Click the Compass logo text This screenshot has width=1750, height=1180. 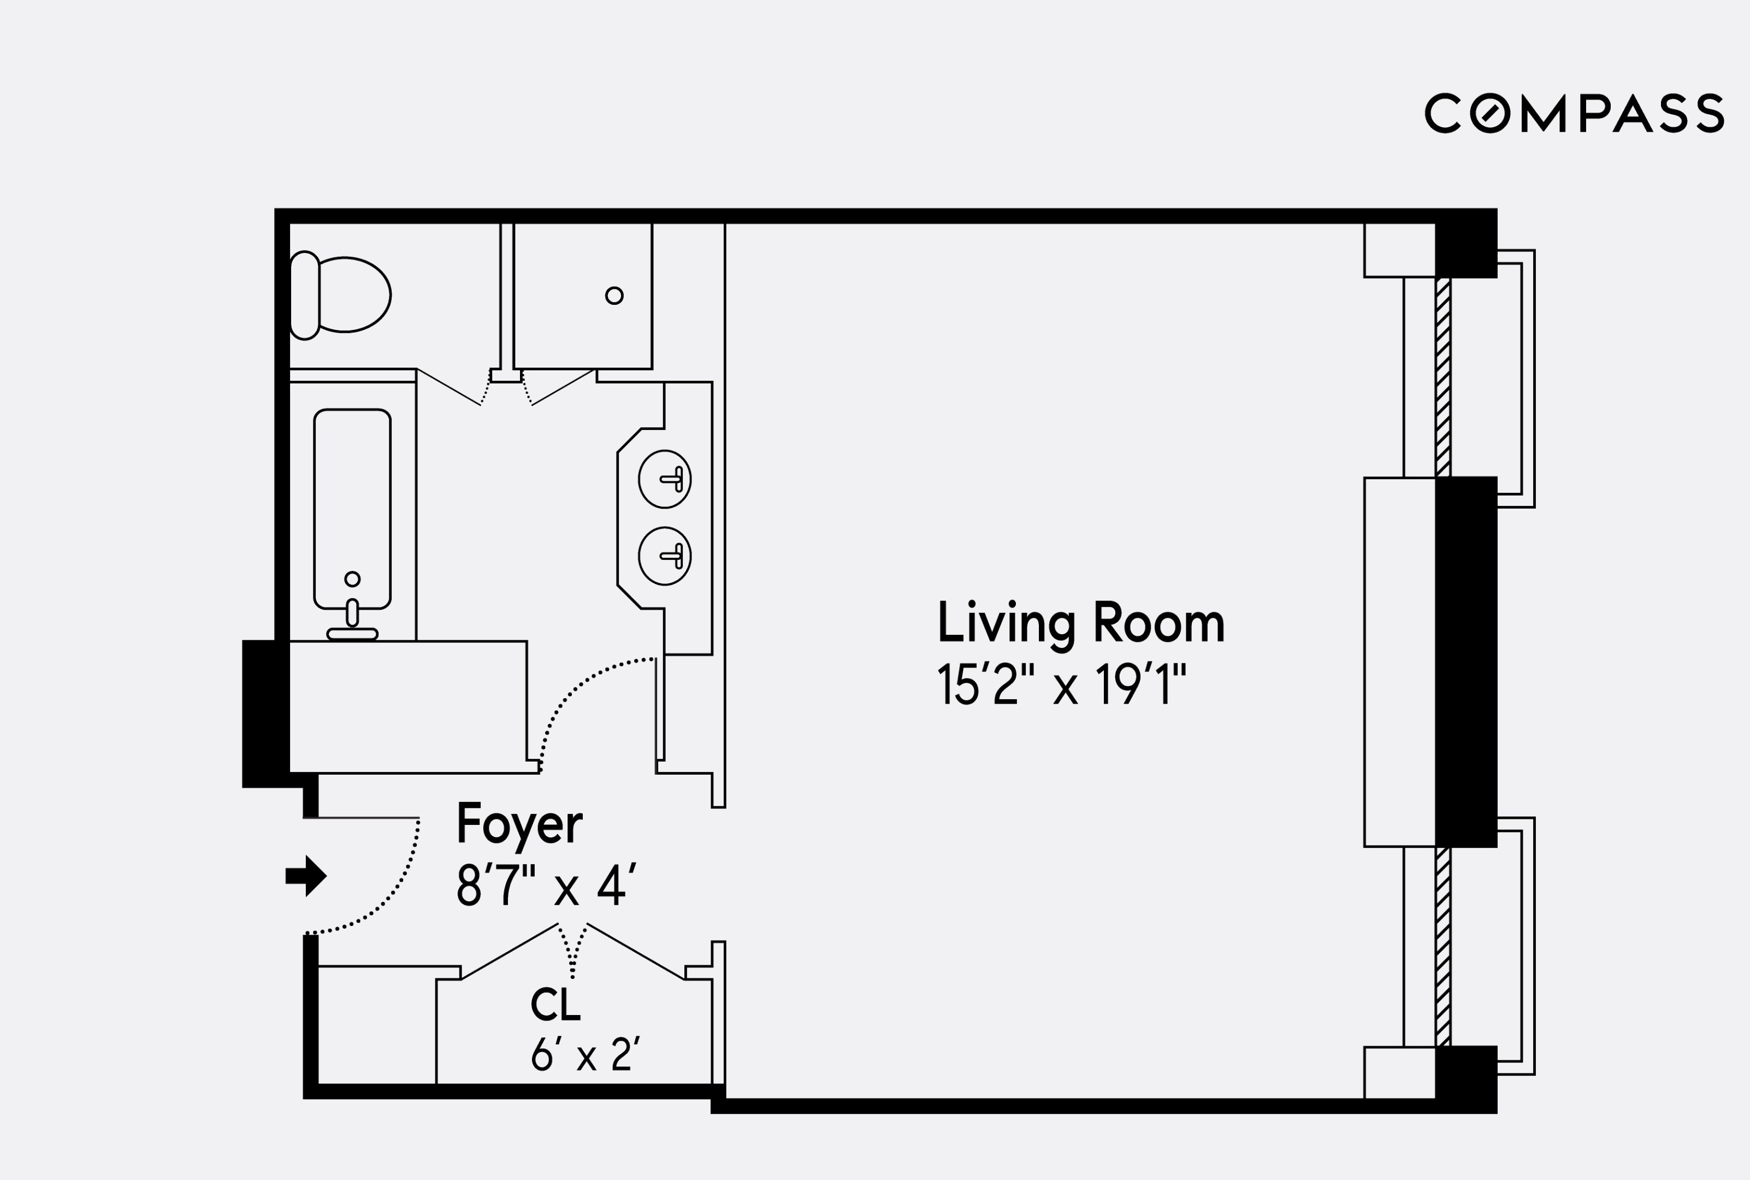click(1574, 114)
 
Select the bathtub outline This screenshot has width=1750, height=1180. click(352, 508)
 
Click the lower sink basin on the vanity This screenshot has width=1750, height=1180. click(664, 556)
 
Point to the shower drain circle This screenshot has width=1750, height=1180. click(614, 296)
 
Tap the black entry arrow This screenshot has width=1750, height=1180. click(305, 875)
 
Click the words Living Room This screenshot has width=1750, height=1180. click(1080, 623)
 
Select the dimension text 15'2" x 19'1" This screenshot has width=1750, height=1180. click(1061, 685)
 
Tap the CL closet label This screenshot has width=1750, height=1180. click(555, 1005)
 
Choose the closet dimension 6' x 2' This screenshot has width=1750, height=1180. click(584, 1055)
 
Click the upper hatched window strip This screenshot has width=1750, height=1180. click(1442, 376)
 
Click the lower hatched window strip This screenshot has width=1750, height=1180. click(1442, 946)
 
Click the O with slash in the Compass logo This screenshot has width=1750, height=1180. click(1489, 114)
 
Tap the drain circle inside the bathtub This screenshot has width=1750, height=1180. click(352, 579)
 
